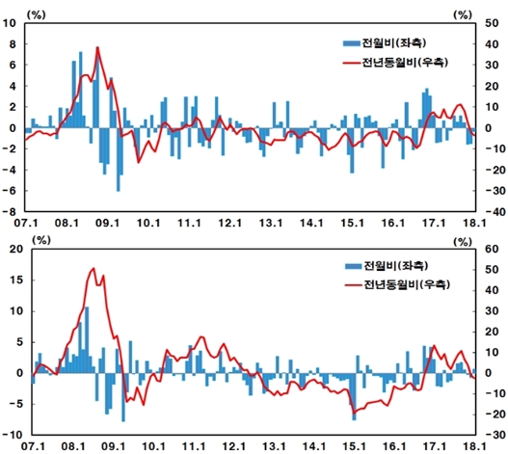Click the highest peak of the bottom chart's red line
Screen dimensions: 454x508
click(x=93, y=269)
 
